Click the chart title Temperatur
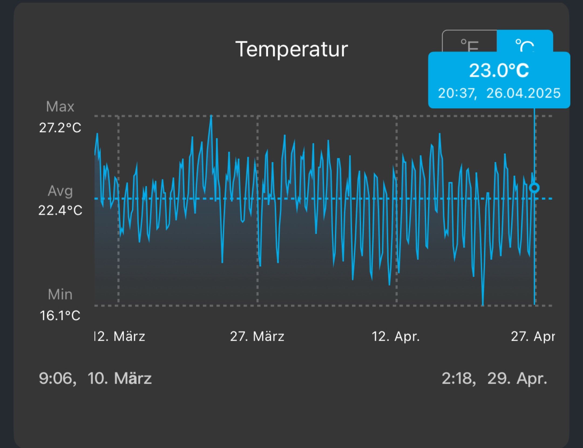point(291,49)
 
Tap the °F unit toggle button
point(470,43)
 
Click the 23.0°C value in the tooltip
point(499,71)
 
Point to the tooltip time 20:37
point(457,93)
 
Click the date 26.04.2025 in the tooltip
point(523,93)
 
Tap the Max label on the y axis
point(60,107)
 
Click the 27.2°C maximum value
point(60,128)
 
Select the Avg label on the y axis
point(60,191)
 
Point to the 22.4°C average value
point(60,210)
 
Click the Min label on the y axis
point(60,294)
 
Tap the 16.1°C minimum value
point(60,315)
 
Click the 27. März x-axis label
point(257,336)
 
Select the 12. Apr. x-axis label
point(396,336)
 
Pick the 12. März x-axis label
point(120,336)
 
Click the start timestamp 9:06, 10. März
point(95,378)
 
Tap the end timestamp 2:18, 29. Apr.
point(494,378)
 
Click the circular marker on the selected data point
point(534,188)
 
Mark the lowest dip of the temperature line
point(483,304)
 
